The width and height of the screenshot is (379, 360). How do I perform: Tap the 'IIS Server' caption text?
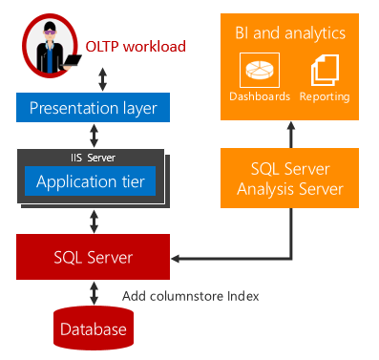click(x=94, y=156)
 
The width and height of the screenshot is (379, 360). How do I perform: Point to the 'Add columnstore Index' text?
click(x=191, y=296)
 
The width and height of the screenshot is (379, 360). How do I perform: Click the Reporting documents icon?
click(x=325, y=70)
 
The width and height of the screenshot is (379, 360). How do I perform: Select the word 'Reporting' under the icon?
click(x=325, y=96)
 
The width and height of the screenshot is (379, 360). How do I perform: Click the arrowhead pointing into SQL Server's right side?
click(x=178, y=258)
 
